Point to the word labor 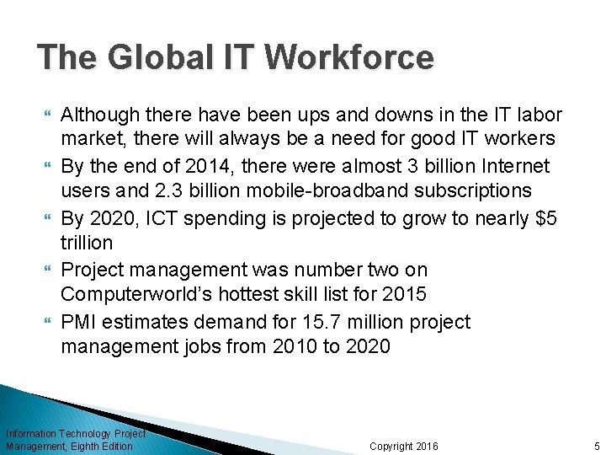pos(539,114)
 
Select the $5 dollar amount pos(545,218)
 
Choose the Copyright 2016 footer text pos(403,446)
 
